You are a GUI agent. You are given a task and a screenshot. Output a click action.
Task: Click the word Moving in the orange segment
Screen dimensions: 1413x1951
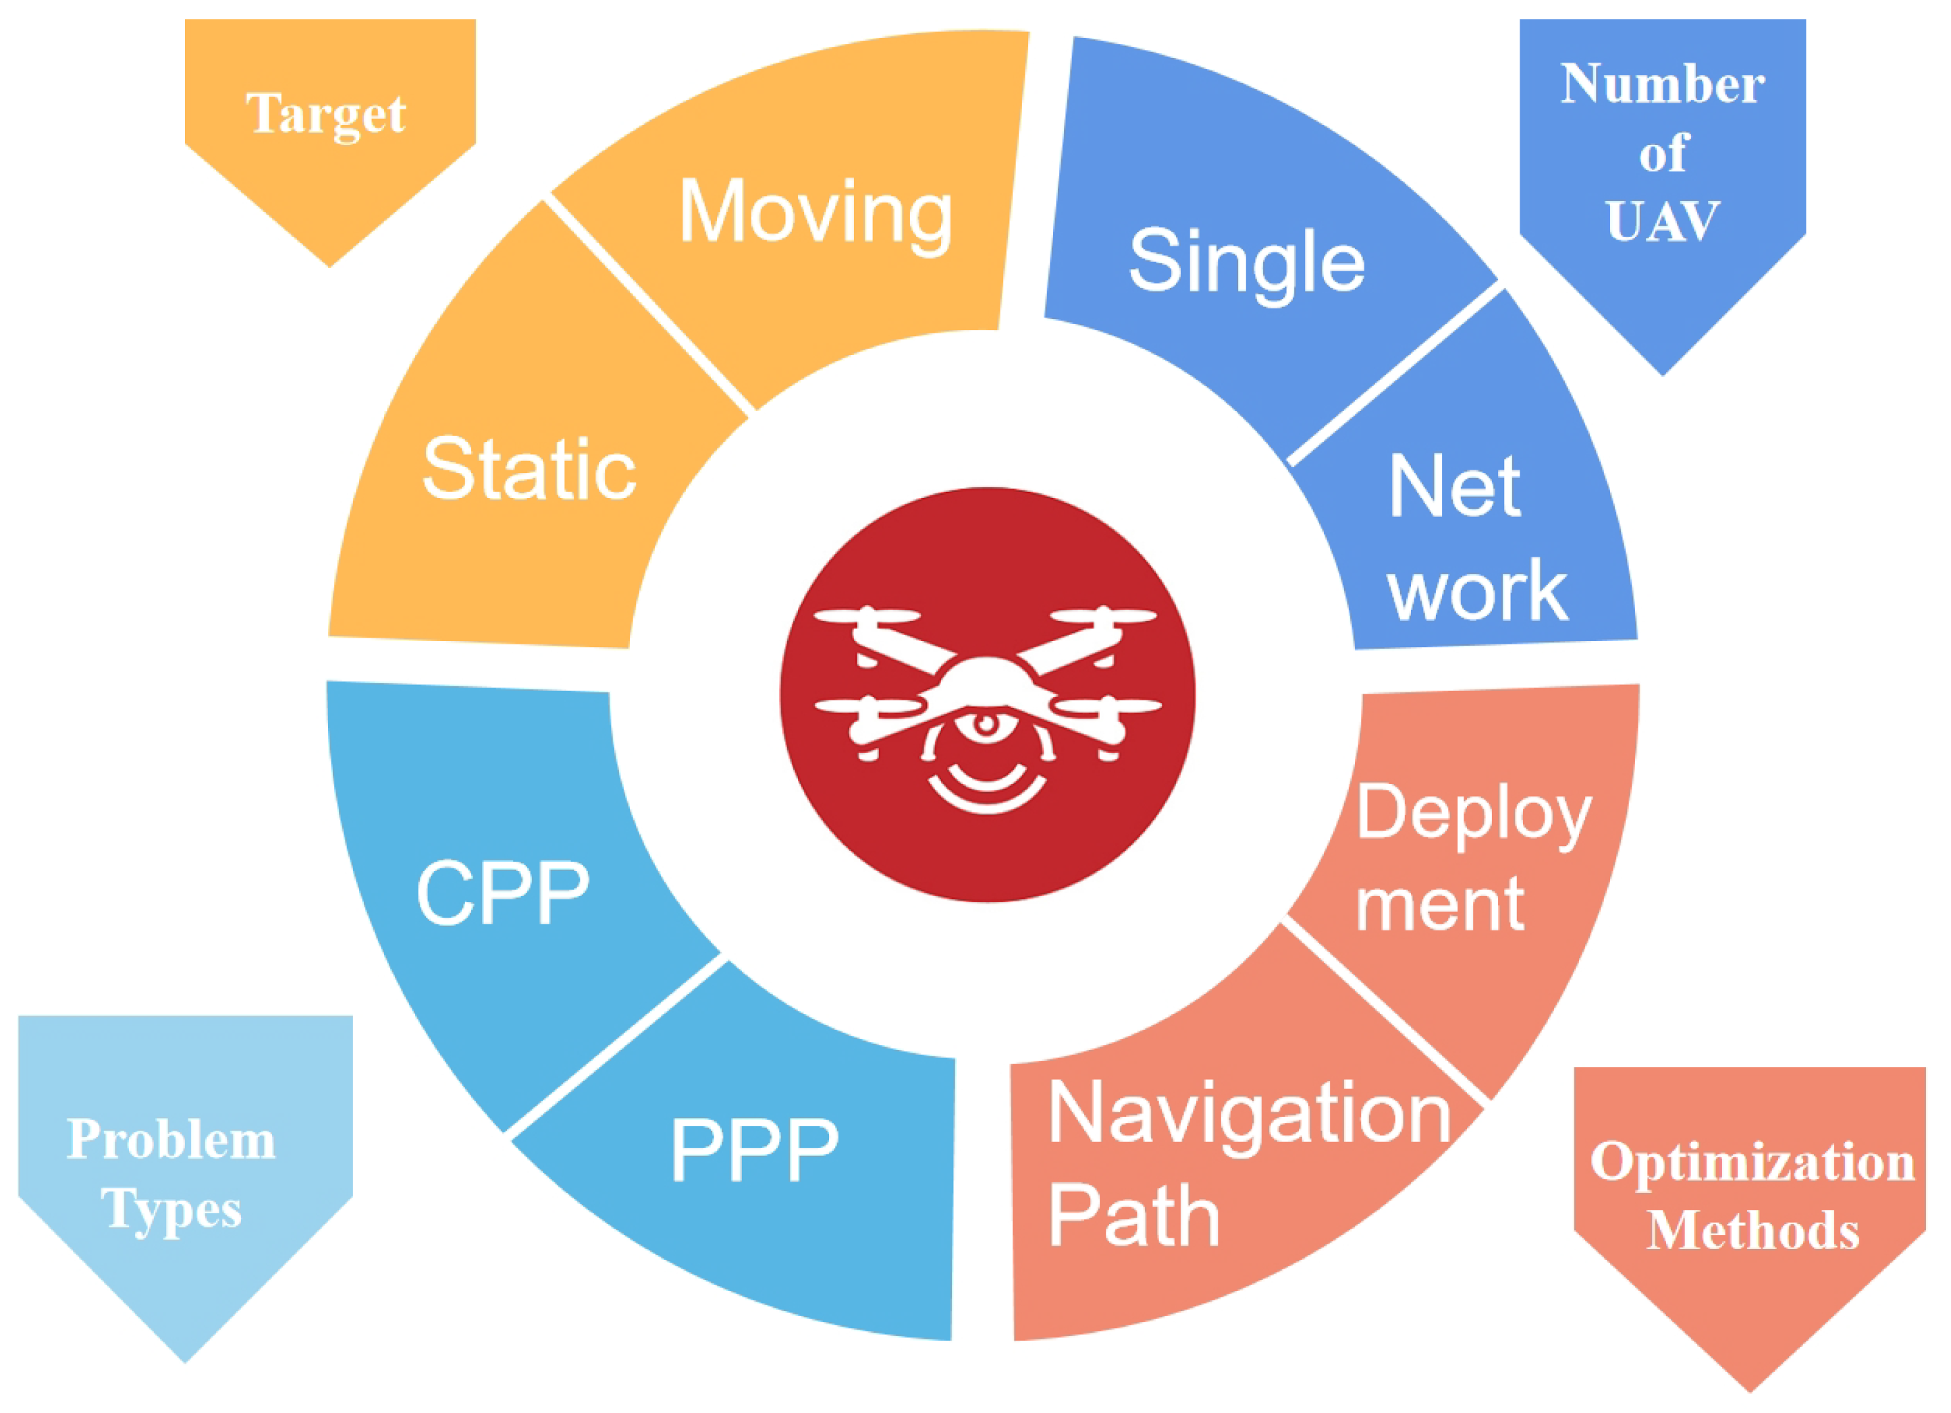tap(816, 213)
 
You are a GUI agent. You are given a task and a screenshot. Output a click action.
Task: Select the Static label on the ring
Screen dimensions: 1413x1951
tap(529, 469)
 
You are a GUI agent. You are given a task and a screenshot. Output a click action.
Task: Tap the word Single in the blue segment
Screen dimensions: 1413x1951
tap(1246, 260)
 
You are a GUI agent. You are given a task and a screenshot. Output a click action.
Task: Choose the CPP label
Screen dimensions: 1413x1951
tap(502, 893)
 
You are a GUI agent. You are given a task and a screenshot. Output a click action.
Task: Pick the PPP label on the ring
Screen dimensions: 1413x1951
tap(753, 1149)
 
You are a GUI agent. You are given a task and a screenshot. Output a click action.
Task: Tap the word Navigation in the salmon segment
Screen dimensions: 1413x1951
tap(1249, 1115)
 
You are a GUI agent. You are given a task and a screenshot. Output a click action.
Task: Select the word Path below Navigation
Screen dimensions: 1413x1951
tap(1133, 1216)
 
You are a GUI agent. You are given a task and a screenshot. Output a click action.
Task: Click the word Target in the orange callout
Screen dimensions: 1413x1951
tap(326, 115)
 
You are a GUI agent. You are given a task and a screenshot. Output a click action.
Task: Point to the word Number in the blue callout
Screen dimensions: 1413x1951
tap(1662, 84)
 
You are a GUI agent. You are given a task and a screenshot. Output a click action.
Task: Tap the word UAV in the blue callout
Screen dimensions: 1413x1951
tap(1662, 221)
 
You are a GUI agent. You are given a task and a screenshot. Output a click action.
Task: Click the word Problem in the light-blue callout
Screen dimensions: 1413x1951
tap(171, 1140)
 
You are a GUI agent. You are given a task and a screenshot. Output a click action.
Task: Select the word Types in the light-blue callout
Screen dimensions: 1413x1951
tap(171, 1210)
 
